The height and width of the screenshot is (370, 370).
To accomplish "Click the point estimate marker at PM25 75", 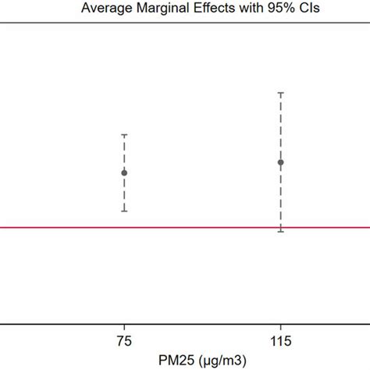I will click(124, 173).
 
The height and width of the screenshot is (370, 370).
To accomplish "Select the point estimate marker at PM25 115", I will click(281, 162).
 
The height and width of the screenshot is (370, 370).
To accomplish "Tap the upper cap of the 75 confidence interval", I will click(124, 135).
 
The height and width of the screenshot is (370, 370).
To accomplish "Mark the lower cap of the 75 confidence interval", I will click(124, 211).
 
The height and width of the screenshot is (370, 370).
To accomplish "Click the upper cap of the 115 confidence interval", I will click(281, 93).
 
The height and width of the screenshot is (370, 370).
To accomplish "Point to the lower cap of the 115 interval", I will click(281, 232).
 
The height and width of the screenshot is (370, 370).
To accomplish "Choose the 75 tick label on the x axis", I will click(124, 341).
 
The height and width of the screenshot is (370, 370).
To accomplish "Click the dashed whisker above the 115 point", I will click(281, 125).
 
